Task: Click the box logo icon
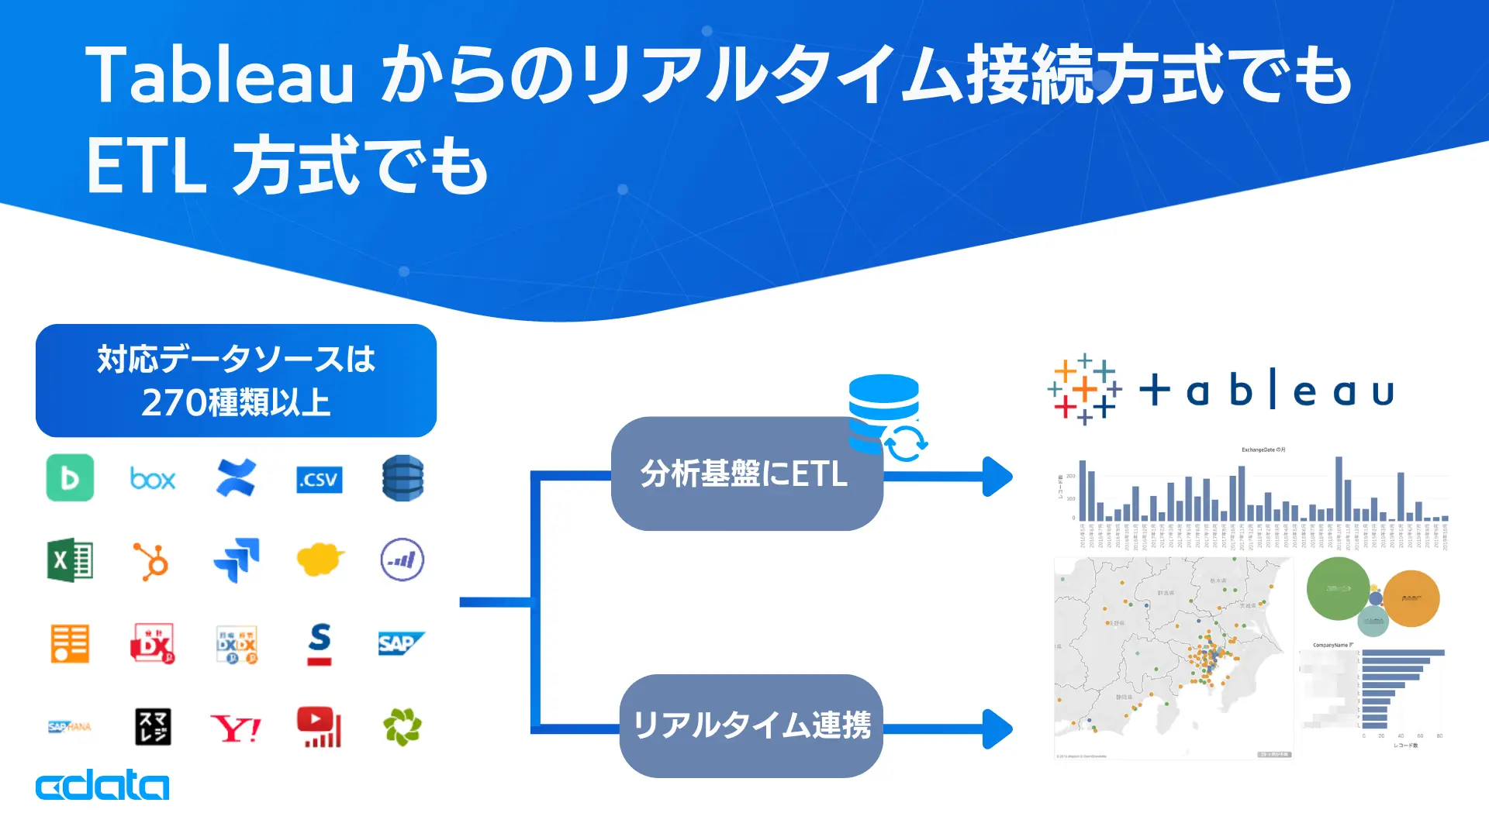point(153,479)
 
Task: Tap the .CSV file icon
point(320,480)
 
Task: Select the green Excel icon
point(70,560)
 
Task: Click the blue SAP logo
point(400,643)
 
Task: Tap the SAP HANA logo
point(70,727)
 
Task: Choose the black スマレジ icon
point(153,727)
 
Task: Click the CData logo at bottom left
point(102,785)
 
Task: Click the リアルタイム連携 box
point(751,726)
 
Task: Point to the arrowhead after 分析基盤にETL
point(997,476)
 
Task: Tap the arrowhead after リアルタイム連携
point(997,728)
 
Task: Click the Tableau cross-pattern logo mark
point(1084,390)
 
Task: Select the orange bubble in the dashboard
point(1411,598)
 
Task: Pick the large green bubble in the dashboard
point(1338,588)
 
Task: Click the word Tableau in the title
point(219,76)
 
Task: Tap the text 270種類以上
point(236,403)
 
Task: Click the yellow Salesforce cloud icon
point(320,560)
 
